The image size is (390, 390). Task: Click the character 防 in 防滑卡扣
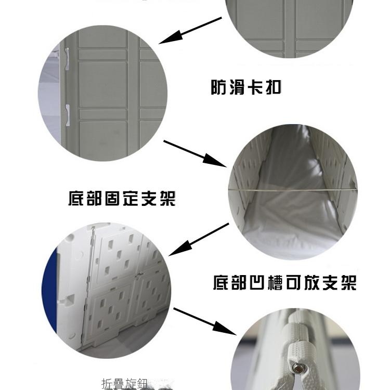click(218, 87)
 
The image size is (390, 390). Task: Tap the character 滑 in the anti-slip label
click(237, 87)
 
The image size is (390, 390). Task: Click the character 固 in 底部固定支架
click(113, 198)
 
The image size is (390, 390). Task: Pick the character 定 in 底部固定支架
click(131, 198)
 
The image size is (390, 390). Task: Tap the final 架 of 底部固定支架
click(167, 198)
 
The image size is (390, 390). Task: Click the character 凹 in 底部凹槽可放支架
click(258, 282)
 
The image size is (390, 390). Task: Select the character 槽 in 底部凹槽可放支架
click(276, 282)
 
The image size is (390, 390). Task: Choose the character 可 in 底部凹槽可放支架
click(294, 282)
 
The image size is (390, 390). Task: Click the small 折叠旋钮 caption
click(125, 384)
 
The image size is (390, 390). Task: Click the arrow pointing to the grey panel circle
click(190, 31)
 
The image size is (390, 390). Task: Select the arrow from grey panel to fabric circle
click(195, 153)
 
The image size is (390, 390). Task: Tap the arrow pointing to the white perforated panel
click(199, 240)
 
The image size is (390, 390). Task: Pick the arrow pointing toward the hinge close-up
click(205, 321)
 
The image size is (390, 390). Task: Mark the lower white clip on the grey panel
click(68, 115)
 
